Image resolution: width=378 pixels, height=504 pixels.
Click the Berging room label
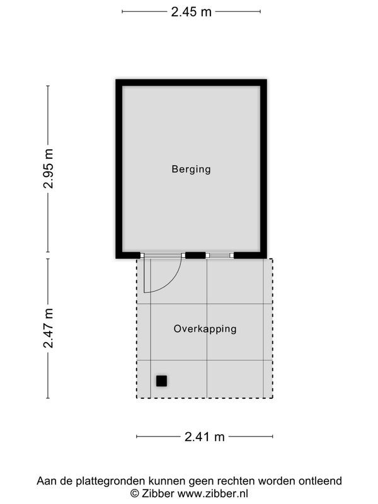(x=191, y=169)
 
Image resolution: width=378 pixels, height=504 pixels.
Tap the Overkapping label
(x=205, y=329)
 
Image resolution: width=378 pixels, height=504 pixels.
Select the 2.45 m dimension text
(x=191, y=11)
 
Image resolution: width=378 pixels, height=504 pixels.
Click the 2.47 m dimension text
(x=49, y=328)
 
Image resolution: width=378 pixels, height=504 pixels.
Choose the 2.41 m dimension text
(x=205, y=437)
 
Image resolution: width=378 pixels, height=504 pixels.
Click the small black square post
(x=162, y=381)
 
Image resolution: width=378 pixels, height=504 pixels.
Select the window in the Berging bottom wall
(x=220, y=255)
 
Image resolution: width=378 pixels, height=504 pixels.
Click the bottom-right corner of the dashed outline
(x=272, y=398)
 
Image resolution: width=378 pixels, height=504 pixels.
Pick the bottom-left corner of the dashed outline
(x=137, y=398)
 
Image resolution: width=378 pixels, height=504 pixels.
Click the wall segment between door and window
(x=195, y=255)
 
